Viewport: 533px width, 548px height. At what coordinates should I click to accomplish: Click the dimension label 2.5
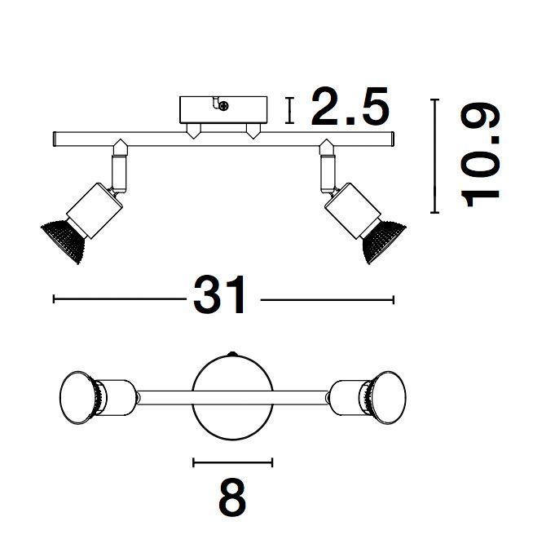coord(350,106)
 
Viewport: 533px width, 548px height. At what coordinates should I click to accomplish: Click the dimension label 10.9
coord(481,154)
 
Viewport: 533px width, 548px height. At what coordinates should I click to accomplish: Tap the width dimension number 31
coord(219,295)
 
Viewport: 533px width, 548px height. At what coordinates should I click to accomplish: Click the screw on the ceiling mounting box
coord(223,105)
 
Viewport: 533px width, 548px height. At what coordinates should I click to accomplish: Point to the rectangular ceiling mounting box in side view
coord(223,110)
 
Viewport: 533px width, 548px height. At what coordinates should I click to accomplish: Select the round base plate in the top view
coord(232,396)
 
